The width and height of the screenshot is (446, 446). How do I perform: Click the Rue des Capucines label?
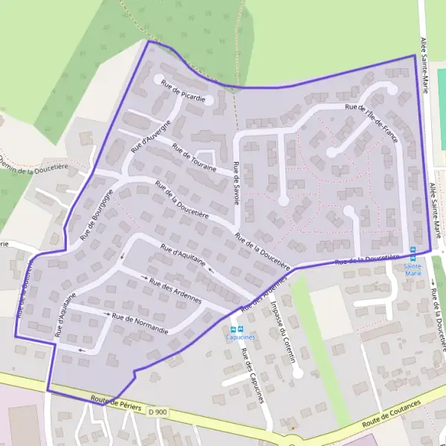252,375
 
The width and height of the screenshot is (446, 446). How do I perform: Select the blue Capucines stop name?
241,336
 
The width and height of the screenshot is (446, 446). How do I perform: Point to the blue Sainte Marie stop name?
413,269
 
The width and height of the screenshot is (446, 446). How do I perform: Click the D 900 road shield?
156,410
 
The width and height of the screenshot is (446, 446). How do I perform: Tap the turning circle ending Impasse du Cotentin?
297,373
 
